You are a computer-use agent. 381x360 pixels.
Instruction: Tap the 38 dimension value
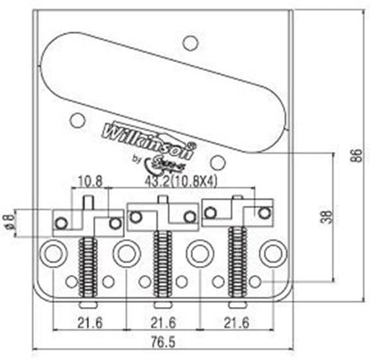pyautogui.click(x=325, y=217)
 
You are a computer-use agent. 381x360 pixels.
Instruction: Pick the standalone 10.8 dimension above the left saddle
pyautogui.click(x=89, y=179)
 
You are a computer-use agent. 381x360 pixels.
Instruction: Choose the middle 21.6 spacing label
pyautogui.click(x=163, y=322)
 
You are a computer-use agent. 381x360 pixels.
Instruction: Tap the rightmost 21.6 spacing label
pyautogui.click(x=237, y=322)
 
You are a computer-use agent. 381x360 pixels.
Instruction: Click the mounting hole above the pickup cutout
pyautogui.click(x=191, y=44)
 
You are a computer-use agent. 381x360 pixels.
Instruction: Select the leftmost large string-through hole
pyautogui.click(x=52, y=253)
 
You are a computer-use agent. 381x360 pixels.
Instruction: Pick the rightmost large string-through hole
pyautogui.click(x=272, y=252)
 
